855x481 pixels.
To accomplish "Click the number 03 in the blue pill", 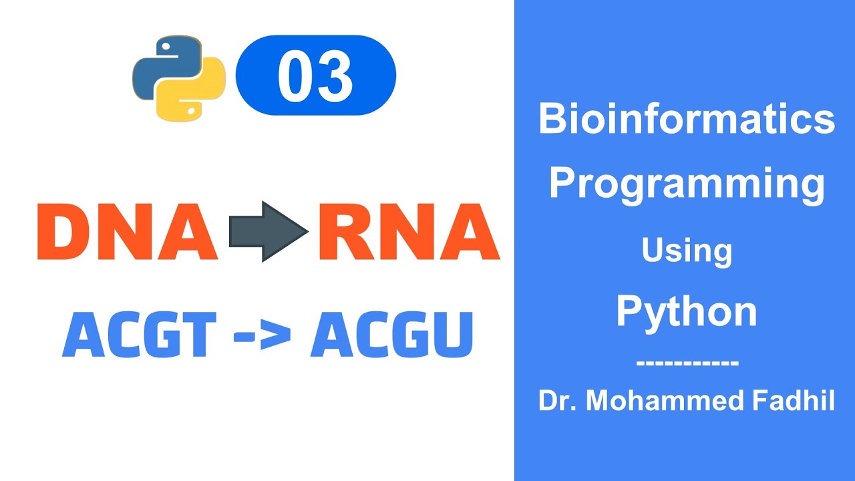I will click(x=315, y=75).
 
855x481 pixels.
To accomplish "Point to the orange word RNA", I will click(x=408, y=230).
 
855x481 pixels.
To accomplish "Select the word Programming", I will click(x=687, y=184).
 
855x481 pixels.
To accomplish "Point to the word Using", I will click(x=687, y=251).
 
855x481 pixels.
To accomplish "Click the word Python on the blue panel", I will click(x=687, y=311).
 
